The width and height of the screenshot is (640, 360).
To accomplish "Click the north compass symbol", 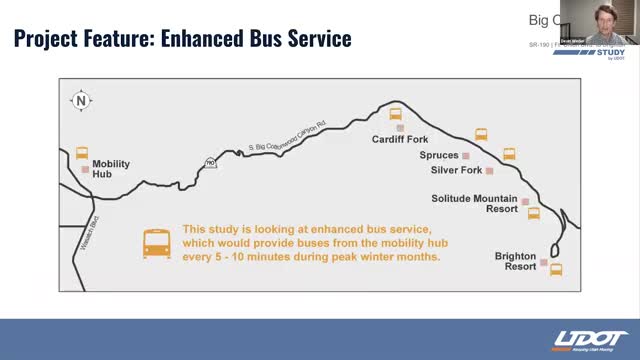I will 80,100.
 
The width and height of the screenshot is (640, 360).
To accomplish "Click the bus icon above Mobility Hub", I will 82,153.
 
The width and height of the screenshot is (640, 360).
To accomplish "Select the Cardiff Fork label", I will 401,140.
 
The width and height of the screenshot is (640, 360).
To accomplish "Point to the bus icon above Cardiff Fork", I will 396,114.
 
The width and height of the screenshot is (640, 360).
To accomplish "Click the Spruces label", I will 439,156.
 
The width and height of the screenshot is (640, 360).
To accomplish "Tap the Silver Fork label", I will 456,171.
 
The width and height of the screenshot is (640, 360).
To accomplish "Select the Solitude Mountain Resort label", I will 474,204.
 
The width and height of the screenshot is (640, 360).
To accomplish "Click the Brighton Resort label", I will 515,262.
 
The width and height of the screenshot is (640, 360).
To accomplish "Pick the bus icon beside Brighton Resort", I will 556,268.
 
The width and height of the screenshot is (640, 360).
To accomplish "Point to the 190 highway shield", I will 210,162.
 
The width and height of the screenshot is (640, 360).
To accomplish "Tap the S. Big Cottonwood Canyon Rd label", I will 287,139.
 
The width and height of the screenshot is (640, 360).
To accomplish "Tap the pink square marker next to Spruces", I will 466,156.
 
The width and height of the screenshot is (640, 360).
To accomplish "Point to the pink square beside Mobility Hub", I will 86,170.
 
